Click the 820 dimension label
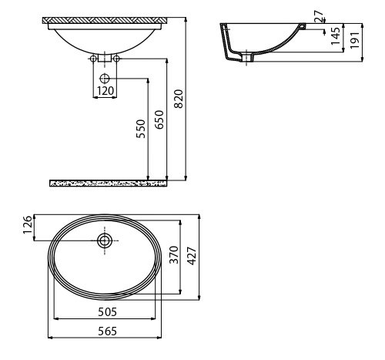coord(179,99)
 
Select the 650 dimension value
coord(159,119)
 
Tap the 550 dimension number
coord(141,129)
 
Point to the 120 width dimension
coord(105,91)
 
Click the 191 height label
coord(355,40)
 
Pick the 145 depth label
coord(336,36)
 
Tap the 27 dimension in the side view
coord(318,16)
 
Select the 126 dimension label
coord(28,225)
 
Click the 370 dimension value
coord(174,254)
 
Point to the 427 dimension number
coord(192,256)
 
